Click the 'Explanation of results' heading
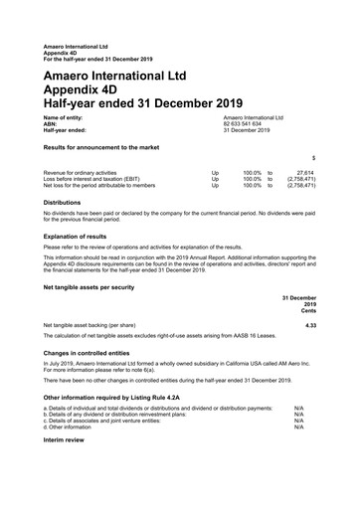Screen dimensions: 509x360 (x=76, y=236)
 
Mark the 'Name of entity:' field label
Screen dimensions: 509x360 (x=64, y=117)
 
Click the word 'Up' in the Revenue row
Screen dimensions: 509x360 (x=216, y=172)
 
